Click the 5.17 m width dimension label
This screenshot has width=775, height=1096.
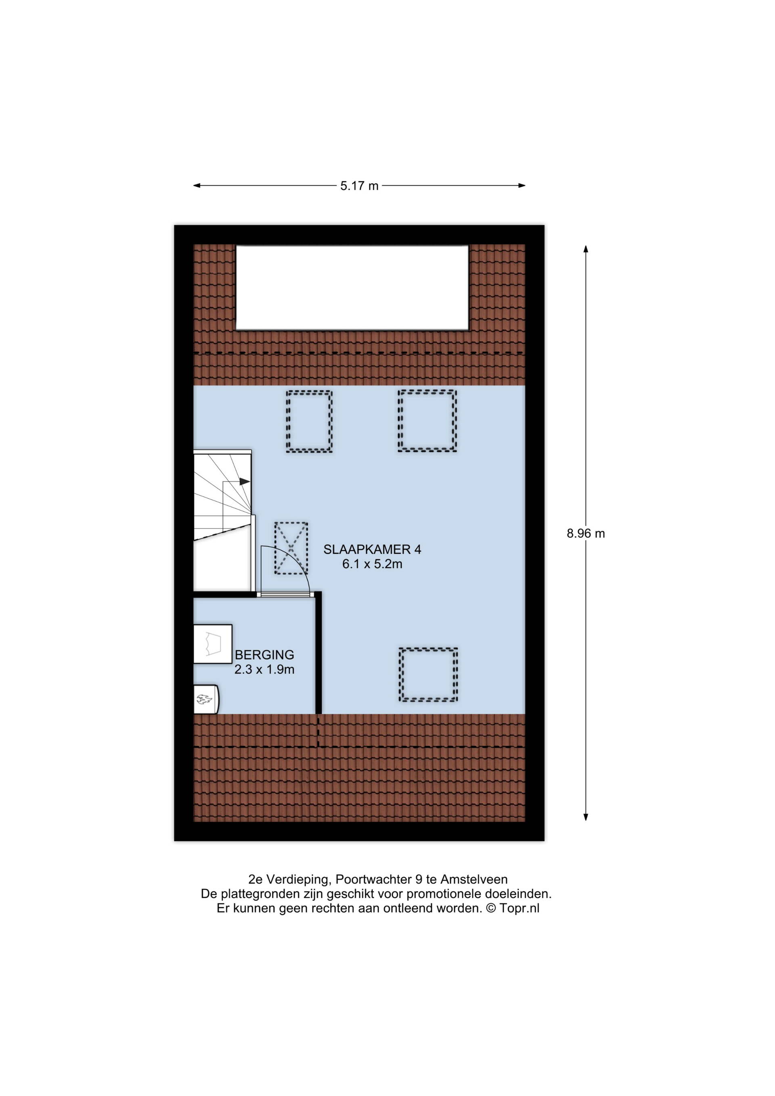tap(359, 186)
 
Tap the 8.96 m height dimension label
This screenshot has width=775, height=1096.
tap(586, 534)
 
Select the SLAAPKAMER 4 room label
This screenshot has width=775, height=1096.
tap(372, 549)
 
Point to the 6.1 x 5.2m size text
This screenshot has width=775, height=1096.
tap(372, 564)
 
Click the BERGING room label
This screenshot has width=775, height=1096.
tap(264, 655)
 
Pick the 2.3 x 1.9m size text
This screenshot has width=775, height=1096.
tap(264, 670)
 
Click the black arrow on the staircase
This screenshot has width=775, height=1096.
tap(244, 482)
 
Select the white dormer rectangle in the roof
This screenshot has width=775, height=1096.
tap(352, 287)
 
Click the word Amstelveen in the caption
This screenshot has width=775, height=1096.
tap(474, 879)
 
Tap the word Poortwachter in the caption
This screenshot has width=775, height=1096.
tap(373, 879)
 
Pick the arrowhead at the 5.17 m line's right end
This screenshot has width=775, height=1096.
tap(522, 186)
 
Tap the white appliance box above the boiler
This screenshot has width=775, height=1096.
tap(212, 644)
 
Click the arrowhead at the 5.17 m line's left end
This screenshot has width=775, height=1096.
tap(197, 186)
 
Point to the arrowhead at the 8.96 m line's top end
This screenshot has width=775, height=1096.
tap(586, 249)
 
